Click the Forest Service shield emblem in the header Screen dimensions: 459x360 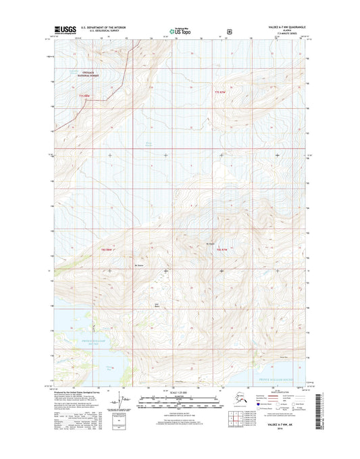231,30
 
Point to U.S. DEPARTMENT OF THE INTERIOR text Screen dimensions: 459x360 108,28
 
